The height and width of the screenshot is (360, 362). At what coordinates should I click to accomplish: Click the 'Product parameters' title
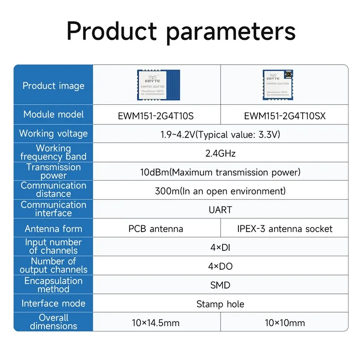(x=181, y=31)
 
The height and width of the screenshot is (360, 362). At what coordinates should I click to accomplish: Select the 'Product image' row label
(x=53, y=86)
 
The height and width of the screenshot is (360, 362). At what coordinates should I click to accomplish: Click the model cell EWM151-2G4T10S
(x=156, y=116)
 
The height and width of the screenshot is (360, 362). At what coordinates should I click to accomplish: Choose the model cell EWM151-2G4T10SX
(x=284, y=116)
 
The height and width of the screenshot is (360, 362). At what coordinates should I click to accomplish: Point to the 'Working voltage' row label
(x=53, y=134)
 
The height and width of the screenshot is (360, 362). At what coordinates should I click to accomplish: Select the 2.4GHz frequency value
(x=220, y=153)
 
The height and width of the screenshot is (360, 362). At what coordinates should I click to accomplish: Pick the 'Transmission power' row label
(x=53, y=171)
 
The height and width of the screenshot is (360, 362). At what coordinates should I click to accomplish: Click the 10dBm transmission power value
(x=220, y=172)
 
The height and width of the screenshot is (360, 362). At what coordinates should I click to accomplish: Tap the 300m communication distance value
(x=220, y=191)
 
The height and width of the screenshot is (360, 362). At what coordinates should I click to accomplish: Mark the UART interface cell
(x=220, y=210)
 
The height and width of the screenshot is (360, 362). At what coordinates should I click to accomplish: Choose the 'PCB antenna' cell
(x=156, y=229)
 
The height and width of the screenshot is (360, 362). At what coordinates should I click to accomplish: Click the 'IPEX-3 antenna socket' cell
(x=284, y=229)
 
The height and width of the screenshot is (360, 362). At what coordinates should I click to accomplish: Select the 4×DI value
(x=220, y=248)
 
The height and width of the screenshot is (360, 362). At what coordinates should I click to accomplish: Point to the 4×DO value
(x=220, y=266)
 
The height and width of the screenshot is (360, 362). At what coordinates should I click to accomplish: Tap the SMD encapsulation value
(x=220, y=285)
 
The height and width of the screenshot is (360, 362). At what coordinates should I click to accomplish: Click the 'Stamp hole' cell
(x=220, y=304)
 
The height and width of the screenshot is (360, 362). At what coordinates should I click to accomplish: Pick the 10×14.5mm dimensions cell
(x=156, y=323)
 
